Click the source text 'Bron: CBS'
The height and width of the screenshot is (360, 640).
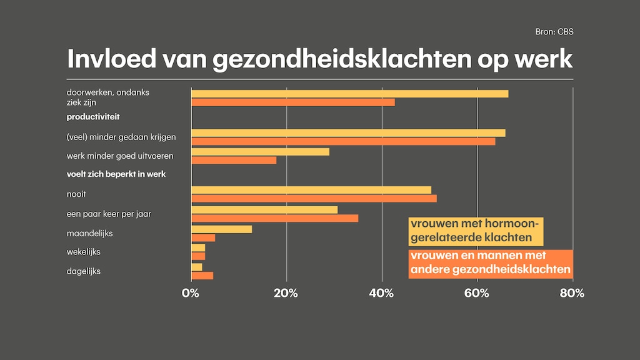(554, 32)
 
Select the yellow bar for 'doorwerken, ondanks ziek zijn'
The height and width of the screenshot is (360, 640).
(349, 94)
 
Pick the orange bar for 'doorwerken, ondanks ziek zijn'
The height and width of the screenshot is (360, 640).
(292, 102)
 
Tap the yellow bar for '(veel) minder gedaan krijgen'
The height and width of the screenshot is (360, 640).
(348, 132)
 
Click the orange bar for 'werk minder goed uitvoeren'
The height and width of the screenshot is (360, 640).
(233, 160)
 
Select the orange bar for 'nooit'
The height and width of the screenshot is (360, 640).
(314, 199)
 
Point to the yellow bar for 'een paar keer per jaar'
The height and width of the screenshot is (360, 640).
(264, 209)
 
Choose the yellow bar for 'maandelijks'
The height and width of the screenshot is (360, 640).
(221, 229)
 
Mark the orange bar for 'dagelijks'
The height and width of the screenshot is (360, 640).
(202, 276)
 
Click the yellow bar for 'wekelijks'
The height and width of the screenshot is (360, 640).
(197, 248)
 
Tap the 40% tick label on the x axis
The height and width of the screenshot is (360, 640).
(381, 293)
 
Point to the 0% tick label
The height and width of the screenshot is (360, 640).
(190, 293)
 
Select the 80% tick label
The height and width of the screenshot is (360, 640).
(572, 293)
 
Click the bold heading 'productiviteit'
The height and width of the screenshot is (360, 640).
(93, 117)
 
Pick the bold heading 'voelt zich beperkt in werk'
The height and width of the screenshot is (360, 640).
(116, 174)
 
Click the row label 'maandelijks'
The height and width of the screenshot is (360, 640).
(88, 233)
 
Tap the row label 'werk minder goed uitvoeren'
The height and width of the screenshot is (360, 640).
(120, 156)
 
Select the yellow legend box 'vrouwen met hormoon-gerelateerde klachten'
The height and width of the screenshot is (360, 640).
(476, 231)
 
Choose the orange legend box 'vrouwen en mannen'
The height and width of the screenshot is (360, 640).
(490, 263)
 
